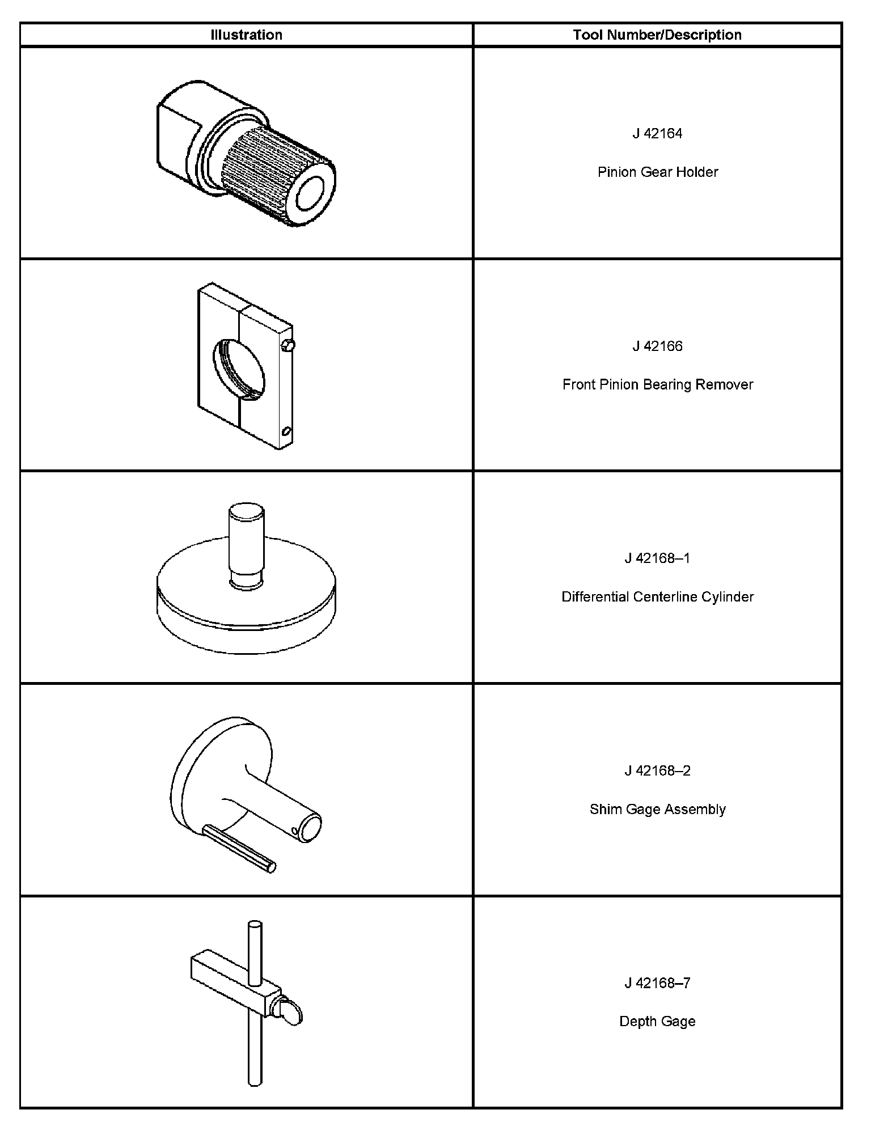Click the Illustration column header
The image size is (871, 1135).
click(246, 35)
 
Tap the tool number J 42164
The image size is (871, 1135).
click(657, 134)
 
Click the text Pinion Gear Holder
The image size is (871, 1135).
click(657, 172)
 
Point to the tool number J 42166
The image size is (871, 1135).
click(657, 346)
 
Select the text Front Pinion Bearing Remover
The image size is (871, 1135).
click(657, 385)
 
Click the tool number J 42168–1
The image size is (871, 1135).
click(657, 558)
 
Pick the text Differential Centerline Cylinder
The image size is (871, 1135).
click(657, 597)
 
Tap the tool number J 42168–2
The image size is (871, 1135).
click(657, 771)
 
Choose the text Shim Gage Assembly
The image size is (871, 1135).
click(657, 810)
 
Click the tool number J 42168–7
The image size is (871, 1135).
click(657, 983)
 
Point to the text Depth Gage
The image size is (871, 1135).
click(657, 1022)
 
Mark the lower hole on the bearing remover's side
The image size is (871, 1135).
click(286, 433)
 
